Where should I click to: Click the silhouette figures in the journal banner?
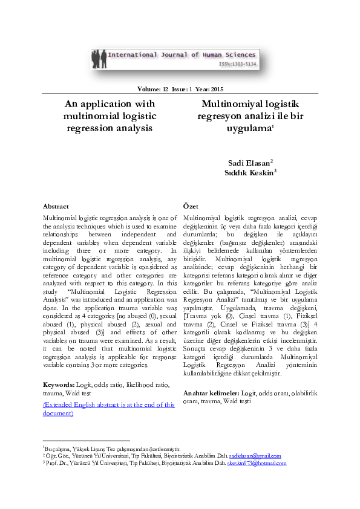99,59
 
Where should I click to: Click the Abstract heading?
56,206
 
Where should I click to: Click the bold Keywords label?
59,384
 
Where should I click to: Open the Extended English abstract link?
109,409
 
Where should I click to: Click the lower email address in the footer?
257,463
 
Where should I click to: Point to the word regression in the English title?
89,128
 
